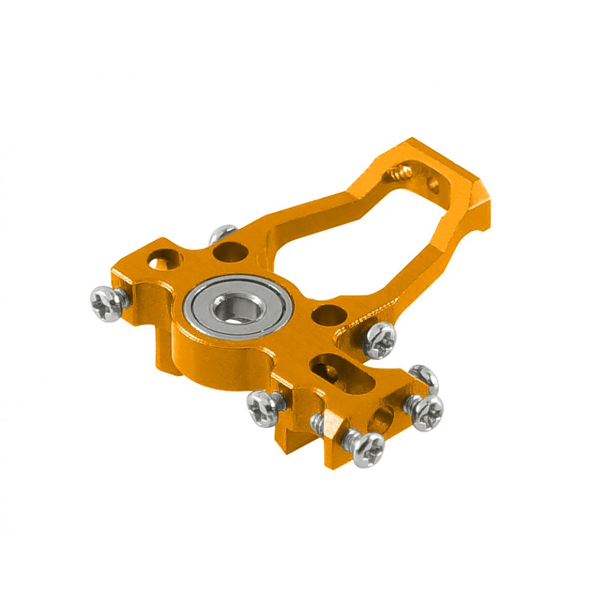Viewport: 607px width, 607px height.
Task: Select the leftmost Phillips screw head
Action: pos(107,304)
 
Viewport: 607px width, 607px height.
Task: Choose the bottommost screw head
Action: pos(367,449)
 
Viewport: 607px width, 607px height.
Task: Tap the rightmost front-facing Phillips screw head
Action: pos(427,413)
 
